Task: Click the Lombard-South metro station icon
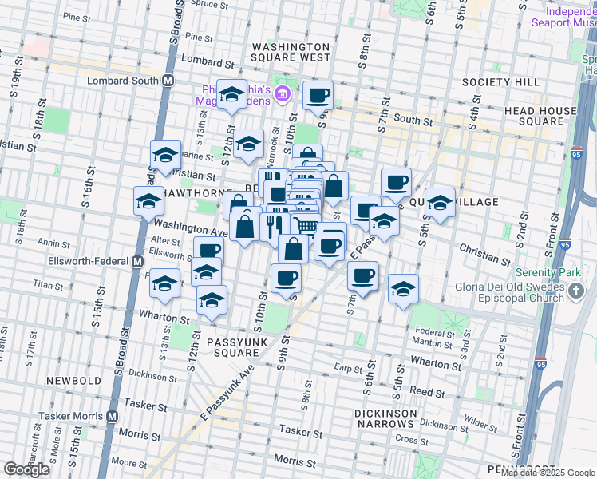tap(168, 81)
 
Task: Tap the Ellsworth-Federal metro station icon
tap(137, 261)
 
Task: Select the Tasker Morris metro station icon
tap(112, 416)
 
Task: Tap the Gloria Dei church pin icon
tap(578, 294)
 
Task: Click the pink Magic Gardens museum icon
tap(281, 96)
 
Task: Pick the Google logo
tap(26, 469)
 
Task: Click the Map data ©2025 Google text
tap(548, 473)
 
